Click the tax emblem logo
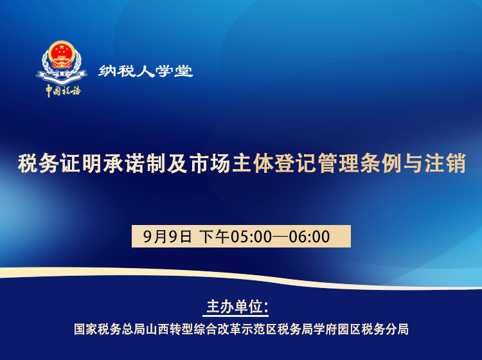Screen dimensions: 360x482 click(62, 62)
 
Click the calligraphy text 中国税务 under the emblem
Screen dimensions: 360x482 click(62, 91)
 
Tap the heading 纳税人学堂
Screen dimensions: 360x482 click(146, 71)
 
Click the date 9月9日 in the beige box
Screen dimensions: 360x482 click(168, 237)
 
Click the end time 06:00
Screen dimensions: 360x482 click(310, 237)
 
